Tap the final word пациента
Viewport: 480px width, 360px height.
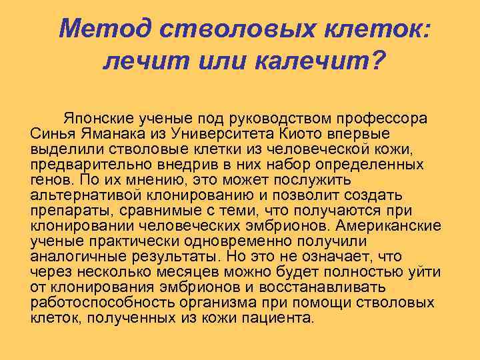[280, 317]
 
